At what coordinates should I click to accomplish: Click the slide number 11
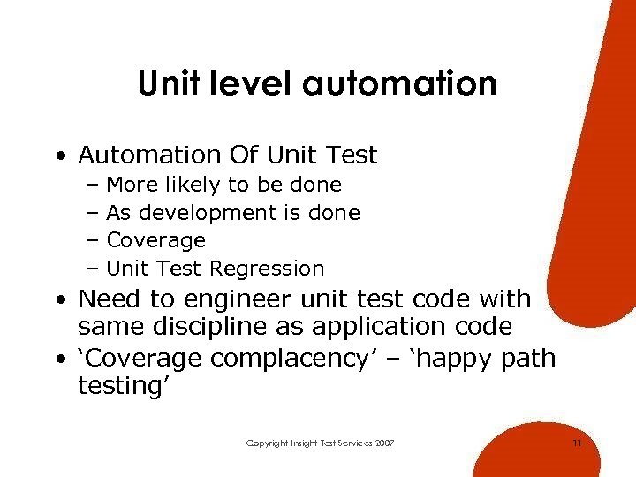click(x=577, y=443)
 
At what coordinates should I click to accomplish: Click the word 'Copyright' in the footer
click(x=267, y=443)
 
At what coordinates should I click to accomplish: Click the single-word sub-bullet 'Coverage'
click(x=155, y=240)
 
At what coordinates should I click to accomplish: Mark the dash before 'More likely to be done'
click(x=94, y=185)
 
